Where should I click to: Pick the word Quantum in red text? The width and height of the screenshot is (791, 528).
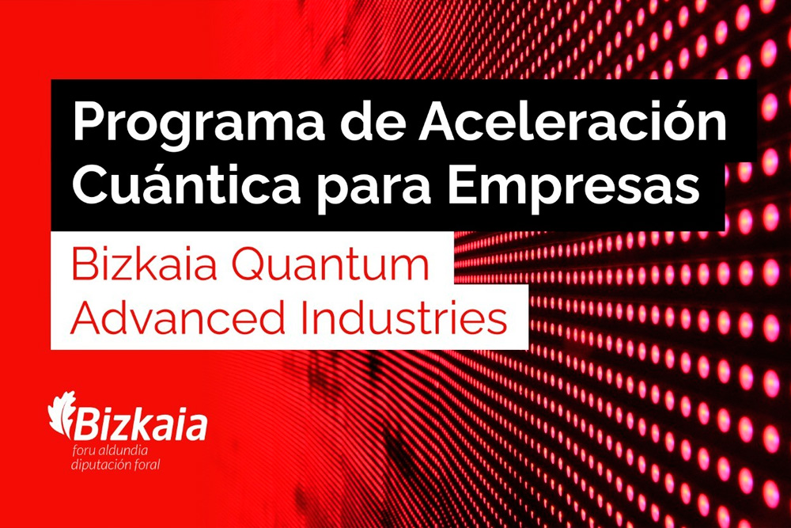(x=331, y=265)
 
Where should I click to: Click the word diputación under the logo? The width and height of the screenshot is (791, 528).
(x=101, y=465)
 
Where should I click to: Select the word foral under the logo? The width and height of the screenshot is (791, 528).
(x=147, y=465)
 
